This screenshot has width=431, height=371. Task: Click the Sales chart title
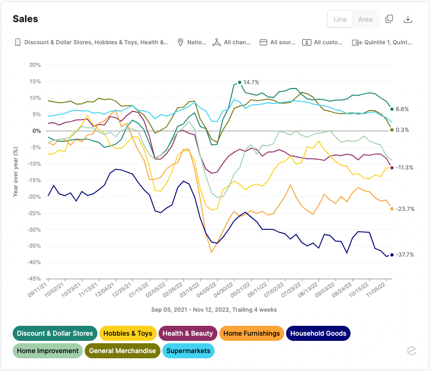tap(25, 19)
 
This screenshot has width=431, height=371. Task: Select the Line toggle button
tap(340, 19)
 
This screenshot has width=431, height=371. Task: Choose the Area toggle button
tap(365, 19)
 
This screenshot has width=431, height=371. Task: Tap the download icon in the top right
tap(408, 19)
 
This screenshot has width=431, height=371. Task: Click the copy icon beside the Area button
tap(389, 19)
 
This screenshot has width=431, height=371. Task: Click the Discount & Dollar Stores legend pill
tap(55, 333)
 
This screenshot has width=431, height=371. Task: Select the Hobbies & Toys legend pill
tap(128, 333)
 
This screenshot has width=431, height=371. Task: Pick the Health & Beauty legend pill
tap(188, 333)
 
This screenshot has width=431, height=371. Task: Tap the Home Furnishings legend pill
tap(251, 333)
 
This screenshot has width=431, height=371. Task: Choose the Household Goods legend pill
tap(318, 333)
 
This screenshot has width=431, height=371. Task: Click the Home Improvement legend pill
tap(48, 351)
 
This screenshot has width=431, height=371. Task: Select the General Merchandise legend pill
tap(122, 351)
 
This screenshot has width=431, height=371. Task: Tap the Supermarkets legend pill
tap(188, 351)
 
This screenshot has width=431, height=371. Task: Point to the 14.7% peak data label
tap(251, 82)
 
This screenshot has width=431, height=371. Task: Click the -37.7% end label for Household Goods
tap(405, 255)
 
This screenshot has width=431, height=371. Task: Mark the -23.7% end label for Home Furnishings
tap(405, 209)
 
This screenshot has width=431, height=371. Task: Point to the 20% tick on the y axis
tap(35, 65)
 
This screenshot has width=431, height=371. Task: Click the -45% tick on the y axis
tap(34, 279)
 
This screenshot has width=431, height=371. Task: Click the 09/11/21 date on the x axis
tap(39, 292)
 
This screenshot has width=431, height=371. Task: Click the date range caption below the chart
tap(214, 310)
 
